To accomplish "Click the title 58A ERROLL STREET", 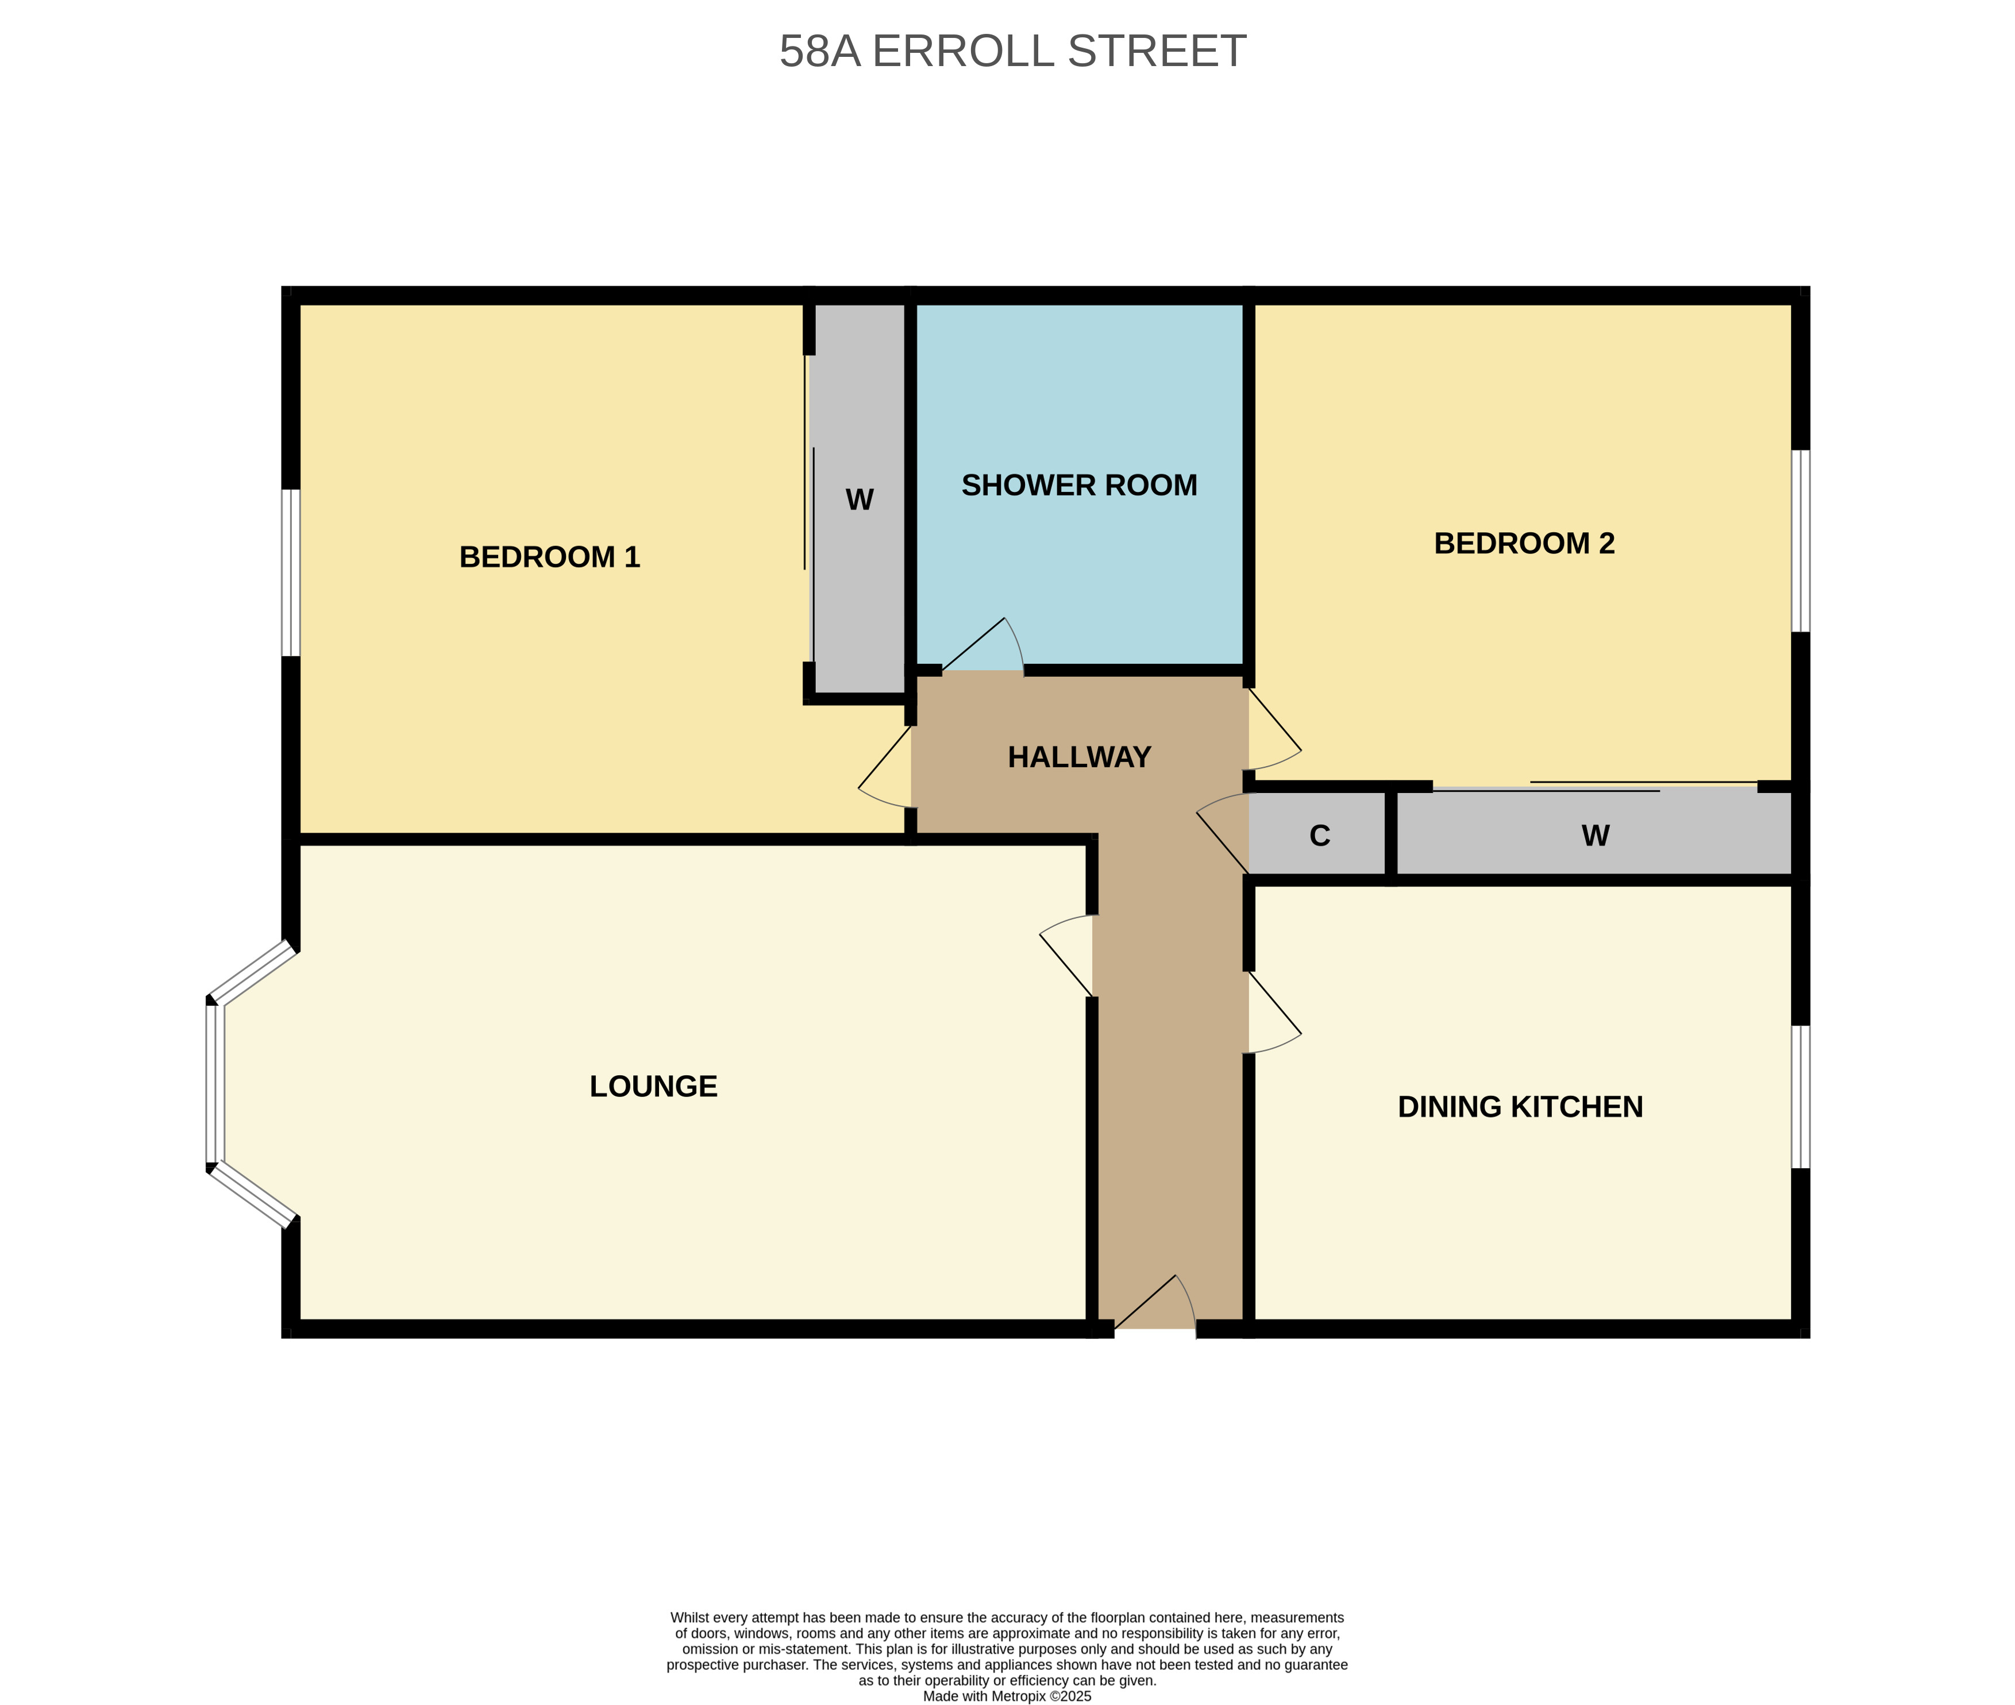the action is [x=1012, y=51].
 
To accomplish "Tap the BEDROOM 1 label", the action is [x=549, y=557].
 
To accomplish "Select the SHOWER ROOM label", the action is [x=1078, y=485].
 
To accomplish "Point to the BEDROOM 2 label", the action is [x=1524, y=543].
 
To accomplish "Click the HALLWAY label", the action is [x=1078, y=757].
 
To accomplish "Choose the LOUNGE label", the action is [x=653, y=1087].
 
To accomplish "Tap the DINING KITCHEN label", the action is [x=1520, y=1107].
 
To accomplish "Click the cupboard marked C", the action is [x=1319, y=835].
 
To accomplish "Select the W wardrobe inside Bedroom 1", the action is [x=858, y=500].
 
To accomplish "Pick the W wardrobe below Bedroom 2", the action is [x=1594, y=835].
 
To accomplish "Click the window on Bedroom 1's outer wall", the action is [x=291, y=572].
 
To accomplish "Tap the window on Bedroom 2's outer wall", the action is [x=1801, y=541].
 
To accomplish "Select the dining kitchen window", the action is [x=1801, y=1097].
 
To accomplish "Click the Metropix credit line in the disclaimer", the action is [x=1007, y=1696].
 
